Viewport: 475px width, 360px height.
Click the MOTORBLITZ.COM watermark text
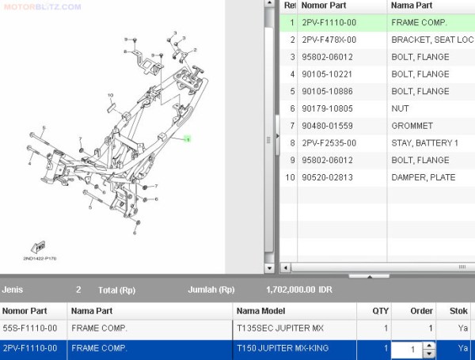(41, 6)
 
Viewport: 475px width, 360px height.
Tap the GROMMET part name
(412, 126)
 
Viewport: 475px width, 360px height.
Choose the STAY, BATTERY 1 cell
(424, 143)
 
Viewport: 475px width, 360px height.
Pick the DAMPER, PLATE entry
(423, 177)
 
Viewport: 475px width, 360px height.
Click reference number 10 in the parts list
(290, 177)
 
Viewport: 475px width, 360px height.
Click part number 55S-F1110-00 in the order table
(30, 328)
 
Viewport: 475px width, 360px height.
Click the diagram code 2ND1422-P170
(40, 258)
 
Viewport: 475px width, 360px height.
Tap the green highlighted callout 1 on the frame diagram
(187, 139)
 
